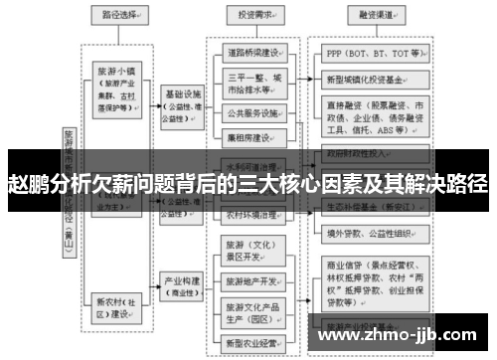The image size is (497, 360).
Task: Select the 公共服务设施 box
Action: click(x=255, y=112)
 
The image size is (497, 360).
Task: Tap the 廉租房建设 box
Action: click(x=255, y=136)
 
